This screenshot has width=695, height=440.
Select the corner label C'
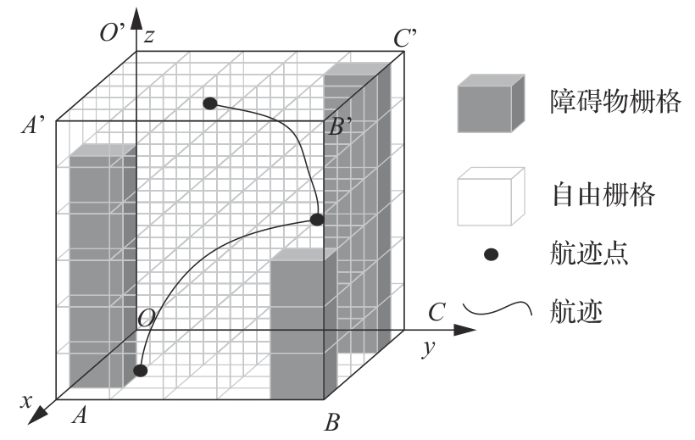405,37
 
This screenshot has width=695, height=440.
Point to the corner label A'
36,127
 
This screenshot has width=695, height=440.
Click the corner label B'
341,127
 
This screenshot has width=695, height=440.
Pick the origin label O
146,318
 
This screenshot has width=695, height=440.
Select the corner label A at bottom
81,415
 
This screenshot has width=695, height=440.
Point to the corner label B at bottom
332,421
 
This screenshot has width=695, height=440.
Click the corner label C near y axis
436,314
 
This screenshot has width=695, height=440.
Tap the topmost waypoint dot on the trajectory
210,103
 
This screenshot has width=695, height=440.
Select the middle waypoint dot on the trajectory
316,220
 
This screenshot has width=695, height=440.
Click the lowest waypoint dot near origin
141,370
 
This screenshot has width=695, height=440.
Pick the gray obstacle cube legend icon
490,104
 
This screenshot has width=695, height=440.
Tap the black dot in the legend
491,254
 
